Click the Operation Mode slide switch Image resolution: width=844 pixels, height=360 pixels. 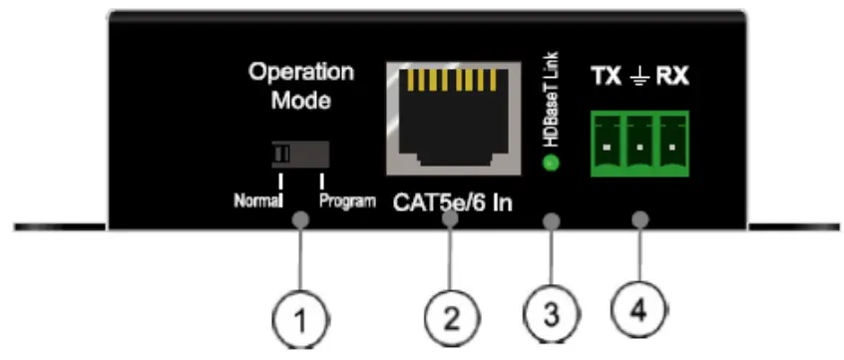click(x=299, y=155)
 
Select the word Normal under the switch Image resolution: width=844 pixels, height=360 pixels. click(x=256, y=199)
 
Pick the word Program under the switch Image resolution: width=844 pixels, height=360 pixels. click(x=347, y=199)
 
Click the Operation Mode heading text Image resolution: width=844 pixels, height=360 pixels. click(x=301, y=86)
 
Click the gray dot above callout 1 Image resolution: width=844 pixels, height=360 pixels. click(x=300, y=218)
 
